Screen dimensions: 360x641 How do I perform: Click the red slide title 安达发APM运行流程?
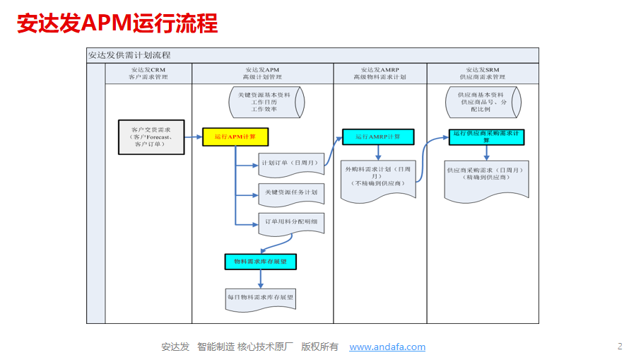117,24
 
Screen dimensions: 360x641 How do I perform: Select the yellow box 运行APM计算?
235,137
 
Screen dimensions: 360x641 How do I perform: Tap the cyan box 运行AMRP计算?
378,137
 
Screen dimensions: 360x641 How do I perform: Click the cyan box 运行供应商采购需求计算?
486,137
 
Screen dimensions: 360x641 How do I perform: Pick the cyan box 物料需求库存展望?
261,262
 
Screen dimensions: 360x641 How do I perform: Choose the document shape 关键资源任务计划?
290,192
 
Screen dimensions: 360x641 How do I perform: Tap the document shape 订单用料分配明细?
290,222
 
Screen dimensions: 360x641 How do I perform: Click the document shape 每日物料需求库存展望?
260,298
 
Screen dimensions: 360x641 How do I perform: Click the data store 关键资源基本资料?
266,102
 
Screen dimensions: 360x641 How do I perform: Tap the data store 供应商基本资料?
483,102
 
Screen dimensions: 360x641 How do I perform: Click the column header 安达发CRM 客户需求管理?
148,74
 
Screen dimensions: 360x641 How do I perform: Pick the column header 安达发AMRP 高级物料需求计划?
380,74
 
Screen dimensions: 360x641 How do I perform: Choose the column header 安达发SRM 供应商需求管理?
482,74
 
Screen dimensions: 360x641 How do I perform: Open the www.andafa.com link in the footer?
387,347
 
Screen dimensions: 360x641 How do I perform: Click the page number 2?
620,346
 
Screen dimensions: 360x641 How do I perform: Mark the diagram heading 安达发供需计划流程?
129,55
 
